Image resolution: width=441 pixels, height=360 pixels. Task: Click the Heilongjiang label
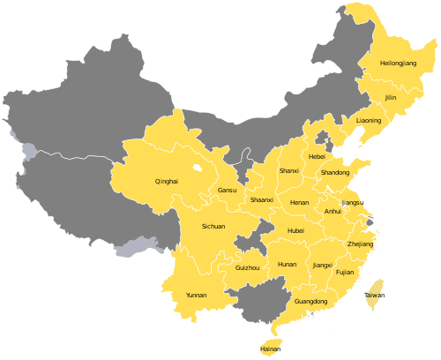click(398, 64)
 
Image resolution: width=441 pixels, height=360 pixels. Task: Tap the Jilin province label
click(391, 98)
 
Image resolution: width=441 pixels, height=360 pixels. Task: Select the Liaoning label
click(369, 120)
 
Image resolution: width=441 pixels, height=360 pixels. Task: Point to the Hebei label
click(317, 156)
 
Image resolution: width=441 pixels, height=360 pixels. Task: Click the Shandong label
click(334, 173)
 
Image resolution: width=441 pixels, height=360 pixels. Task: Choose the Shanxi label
click(288, 170)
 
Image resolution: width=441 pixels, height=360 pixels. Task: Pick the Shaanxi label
click(261, 200)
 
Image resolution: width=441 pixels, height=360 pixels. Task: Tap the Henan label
click(299, 202)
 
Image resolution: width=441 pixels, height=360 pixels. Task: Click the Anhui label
click(333, 212)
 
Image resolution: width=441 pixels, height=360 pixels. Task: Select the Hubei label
click(295, 230)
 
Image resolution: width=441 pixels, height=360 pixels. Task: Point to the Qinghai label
click(166, 182)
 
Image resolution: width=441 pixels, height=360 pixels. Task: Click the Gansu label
click(227, 191)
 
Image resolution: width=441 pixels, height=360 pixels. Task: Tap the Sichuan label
click(213, 227)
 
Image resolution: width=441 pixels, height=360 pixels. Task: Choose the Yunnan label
click(196, 295)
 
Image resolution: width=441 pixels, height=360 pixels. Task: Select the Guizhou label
click(248, 267)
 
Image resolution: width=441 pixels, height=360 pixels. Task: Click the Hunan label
click(287, 264)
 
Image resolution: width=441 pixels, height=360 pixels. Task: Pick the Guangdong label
click(310, 302)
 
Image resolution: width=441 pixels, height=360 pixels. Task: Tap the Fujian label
click(345, 273)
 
